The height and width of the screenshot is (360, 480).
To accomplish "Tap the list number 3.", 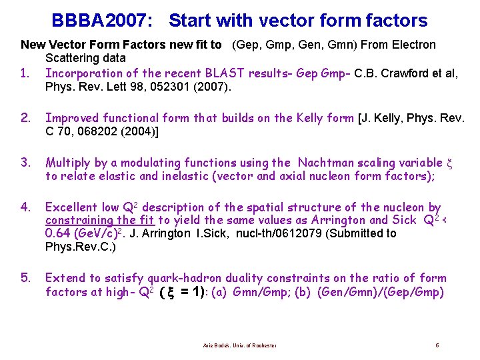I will pyautogui.click(x=25, y=163).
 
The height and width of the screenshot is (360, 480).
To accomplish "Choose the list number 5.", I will pyautogui.click(x=25, y=278).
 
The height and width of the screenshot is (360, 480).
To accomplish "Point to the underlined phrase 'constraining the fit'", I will pyautogui.click(x=99, y=221).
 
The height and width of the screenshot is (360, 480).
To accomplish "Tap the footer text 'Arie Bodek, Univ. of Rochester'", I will pyautogui.click(x=240, y=345).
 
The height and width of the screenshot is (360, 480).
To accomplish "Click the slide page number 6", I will pyautogui.click(x=437, y=345).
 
